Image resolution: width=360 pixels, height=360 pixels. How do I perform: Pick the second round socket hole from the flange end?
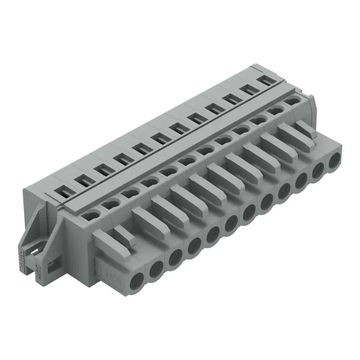[155, 269]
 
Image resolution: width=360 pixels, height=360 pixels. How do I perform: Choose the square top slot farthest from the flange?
[267, 80]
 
